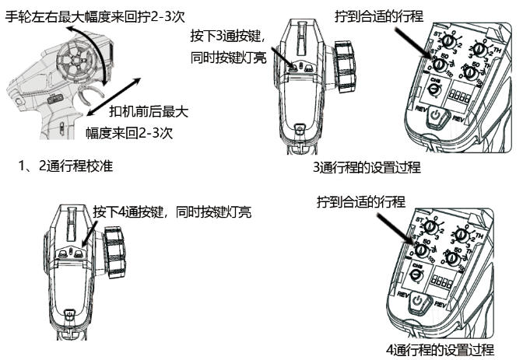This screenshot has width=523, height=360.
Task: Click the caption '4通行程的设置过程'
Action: pyautogui.click(x=440, y=349)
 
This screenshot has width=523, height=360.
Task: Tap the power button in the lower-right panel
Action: pyautogui.click(x=418, y=300)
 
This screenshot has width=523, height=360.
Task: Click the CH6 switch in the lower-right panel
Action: pyautogui.click(x=417, y=273)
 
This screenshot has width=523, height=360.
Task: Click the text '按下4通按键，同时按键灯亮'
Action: pyautogui.click(x=173, y=211)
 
